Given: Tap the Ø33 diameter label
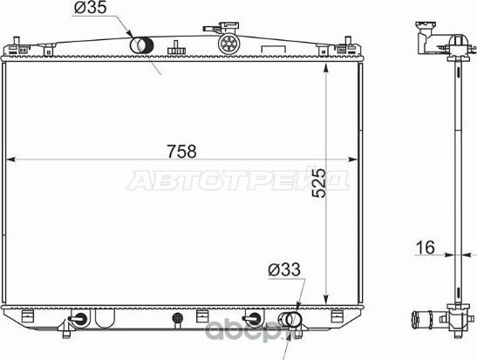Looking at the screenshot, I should [283, 271].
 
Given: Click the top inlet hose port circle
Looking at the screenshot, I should [141, 45].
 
